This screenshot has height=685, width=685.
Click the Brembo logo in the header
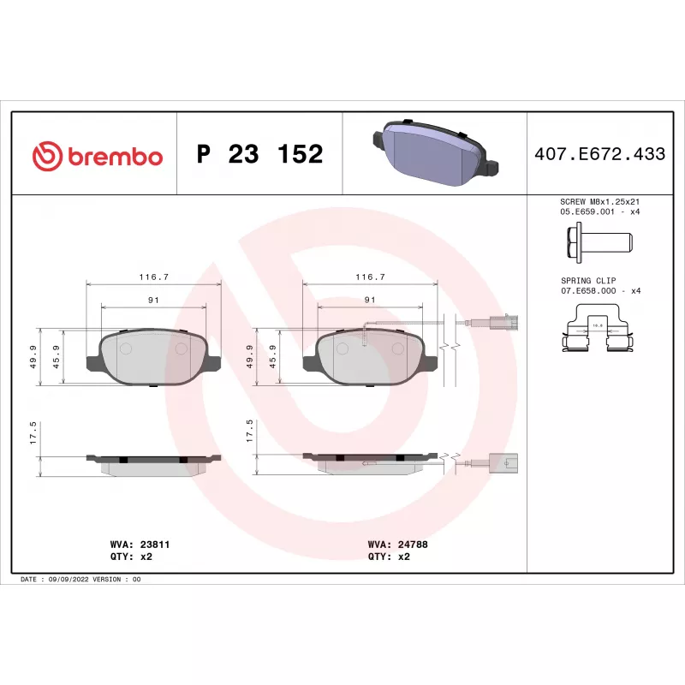(x=98, y=156)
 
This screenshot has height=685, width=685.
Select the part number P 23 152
(x=260, y=154)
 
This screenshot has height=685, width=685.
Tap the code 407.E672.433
(x=600, y=154)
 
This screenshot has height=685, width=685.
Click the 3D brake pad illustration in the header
(x=436, y=152)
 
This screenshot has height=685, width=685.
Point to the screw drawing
(x=599, y=242)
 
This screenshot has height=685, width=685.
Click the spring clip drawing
(x=598, y=328)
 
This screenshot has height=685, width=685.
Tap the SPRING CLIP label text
(x=588, y=281)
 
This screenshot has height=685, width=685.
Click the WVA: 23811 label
(x=140, y=545)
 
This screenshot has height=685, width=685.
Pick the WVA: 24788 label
(x=397, y=545)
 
